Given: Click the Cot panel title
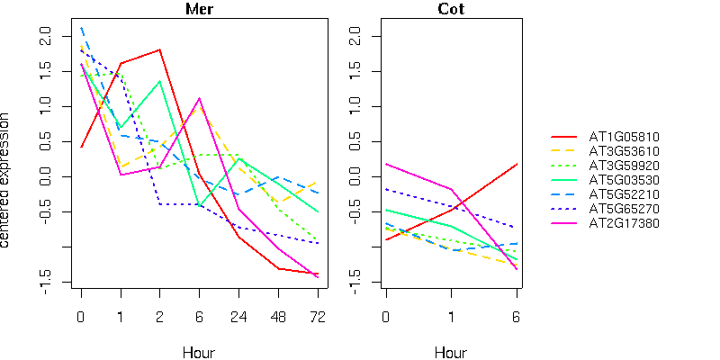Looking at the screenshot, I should point(451,10).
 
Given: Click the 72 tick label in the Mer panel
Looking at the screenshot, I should point(318,317).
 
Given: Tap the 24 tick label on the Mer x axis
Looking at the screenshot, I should point(238,317).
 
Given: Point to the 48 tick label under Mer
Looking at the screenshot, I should point(278,317).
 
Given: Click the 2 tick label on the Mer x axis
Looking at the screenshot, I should point(159,317).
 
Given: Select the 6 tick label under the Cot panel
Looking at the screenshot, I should point(517,317).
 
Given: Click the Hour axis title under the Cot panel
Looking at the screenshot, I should point(451,353).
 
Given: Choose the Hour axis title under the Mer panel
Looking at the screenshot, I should point(199,353).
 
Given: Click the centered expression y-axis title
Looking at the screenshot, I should point(7,180).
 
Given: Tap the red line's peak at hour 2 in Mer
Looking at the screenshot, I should point(159,49).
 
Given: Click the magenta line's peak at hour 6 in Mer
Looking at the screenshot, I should point(199,98).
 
